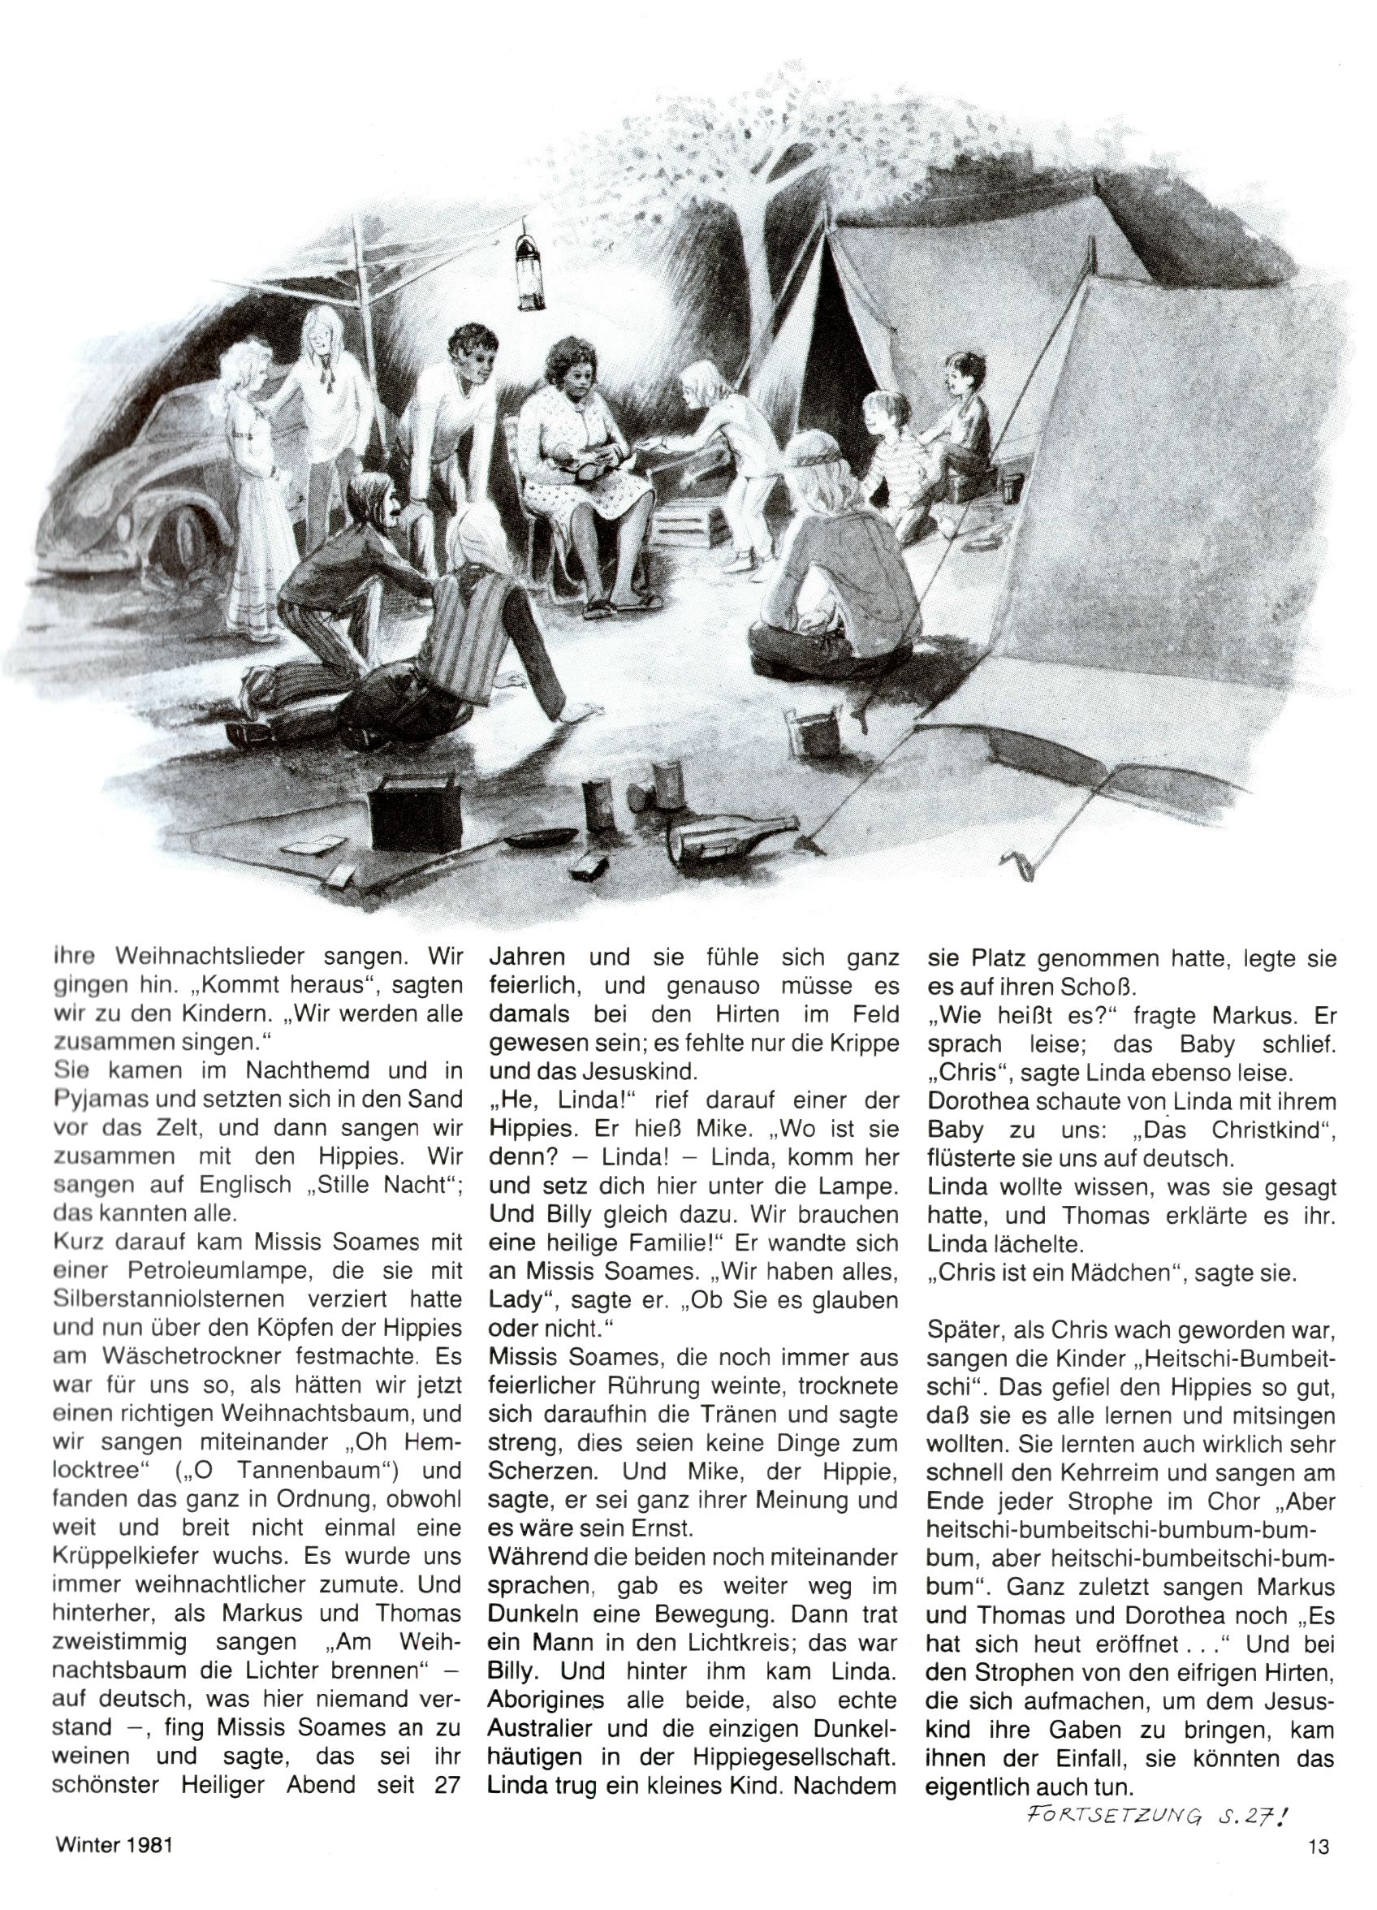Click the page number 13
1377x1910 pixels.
click(x=1318, y=1865)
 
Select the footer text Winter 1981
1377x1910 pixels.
click(x=114, y=1865)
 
